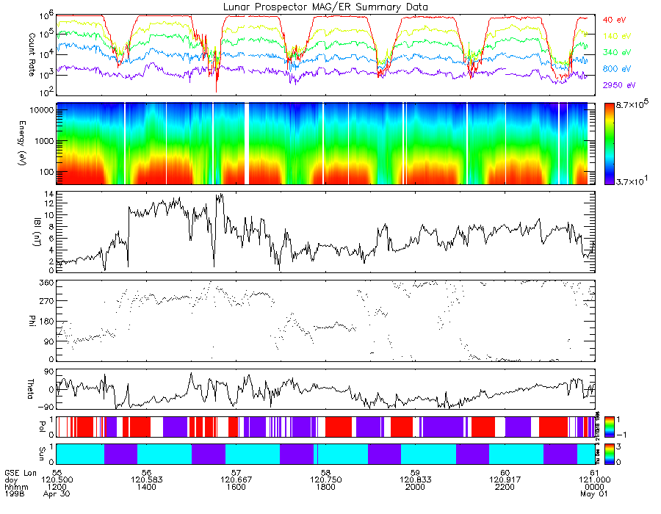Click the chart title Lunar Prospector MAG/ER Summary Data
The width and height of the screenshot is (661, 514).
tap(326, 7)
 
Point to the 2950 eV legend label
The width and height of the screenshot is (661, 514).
tap(619, 86)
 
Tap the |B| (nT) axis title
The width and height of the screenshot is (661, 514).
tap(32, 233)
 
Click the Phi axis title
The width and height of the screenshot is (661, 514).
tap(32, 321)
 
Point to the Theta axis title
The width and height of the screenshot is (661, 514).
tap(32, 389)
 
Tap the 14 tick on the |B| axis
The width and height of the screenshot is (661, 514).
tap(49, 194)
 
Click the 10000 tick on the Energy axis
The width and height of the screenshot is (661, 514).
tap(42, 109)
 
